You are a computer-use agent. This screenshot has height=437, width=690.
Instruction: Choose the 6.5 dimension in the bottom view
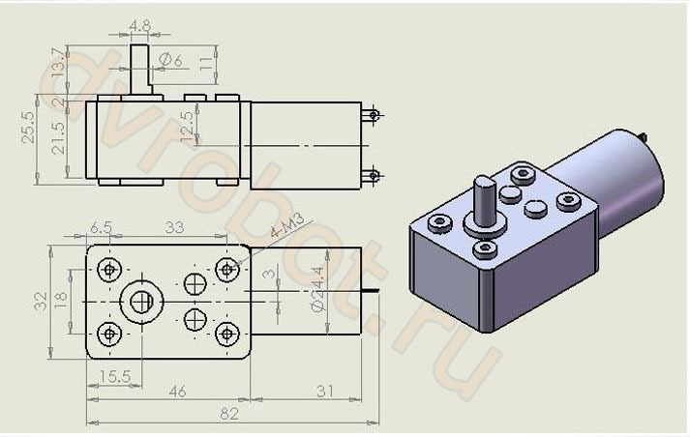(x=101, y=227)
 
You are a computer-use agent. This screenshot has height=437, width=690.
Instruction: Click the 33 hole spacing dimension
(x=176, y=227)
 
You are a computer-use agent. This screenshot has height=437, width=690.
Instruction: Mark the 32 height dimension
(x=40, y=301)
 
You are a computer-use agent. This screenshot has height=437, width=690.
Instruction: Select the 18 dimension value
(x=61, y=301)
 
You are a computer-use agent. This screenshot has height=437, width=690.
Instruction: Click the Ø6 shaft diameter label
(x=172, y=61)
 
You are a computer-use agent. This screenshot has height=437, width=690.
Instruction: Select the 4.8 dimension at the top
(x=139, y=26)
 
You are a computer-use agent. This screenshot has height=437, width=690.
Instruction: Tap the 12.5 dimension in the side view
(x=187, y=125)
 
